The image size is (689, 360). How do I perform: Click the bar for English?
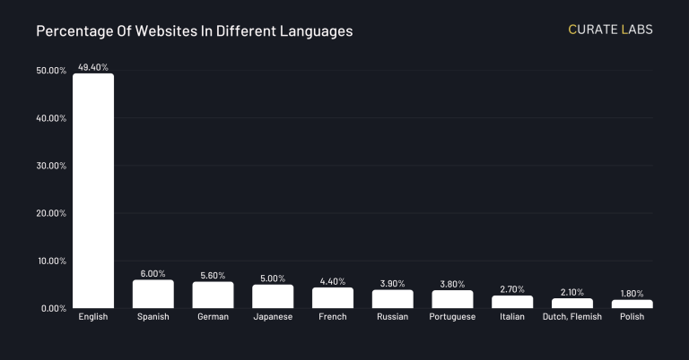(x=93, y=191)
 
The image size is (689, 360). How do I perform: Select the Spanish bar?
(x=153, y=295)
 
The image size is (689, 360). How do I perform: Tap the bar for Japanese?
(x=273, y=296)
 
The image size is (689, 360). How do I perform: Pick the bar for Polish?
(x=632, y=304)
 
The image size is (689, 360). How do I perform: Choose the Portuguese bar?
(x=452, y=299)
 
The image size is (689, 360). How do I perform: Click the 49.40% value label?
(x=93, y=66)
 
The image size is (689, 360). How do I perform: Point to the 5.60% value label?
(x=213, y=275)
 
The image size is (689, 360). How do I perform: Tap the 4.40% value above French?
(x=333, y=281)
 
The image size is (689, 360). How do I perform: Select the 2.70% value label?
(x=512, y=289)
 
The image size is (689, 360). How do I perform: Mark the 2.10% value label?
(x=571, y=292)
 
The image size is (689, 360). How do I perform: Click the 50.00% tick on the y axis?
(x=51, y=71)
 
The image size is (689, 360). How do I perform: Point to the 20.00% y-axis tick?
(x=51, y=213)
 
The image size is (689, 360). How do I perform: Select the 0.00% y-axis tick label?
(x=54, y=308)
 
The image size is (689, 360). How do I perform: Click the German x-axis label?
(x=213, y=317)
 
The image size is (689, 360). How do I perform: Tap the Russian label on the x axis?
(x=392, y=317)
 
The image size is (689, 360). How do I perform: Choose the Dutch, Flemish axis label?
(x=571, y=317)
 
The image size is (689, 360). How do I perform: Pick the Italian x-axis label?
(x=512, y=317)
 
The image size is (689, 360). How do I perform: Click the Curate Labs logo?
(x=610, y=30)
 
